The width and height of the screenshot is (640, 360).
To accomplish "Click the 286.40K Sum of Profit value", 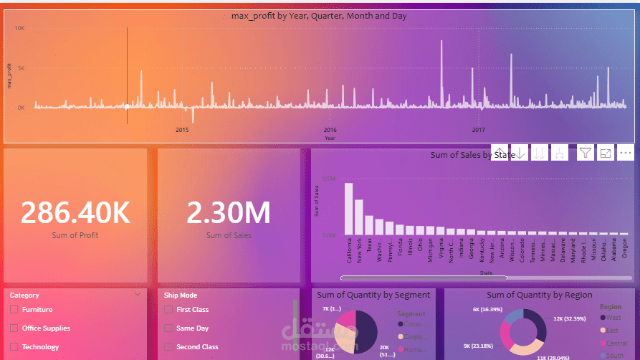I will click(75, 212).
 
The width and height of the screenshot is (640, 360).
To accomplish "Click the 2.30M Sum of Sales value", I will click(229, 212).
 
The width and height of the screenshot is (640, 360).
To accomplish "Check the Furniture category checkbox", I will click(14, 310).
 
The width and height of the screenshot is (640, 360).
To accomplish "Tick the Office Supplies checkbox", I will click(14, 328).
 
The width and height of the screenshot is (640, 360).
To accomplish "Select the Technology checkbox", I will click(14, 347).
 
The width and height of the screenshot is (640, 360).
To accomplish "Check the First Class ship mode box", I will click(168, 310).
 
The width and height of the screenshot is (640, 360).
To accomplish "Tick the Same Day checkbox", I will click(168, 328).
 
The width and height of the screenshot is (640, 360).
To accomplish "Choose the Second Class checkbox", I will click(168, 347).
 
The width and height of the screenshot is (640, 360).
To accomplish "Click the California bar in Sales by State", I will click(349, 209).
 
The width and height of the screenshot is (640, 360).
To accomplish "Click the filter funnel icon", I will click(586, 152).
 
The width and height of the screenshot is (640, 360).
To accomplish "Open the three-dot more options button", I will click(625, 152).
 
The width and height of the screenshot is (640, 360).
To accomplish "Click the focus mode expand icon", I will click(606, 152).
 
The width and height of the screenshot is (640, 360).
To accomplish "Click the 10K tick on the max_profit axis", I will click(21, 28).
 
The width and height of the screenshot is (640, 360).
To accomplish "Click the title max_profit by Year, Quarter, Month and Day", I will click(320, 16).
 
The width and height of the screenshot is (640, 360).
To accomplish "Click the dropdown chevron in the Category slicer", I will click(138, 294).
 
